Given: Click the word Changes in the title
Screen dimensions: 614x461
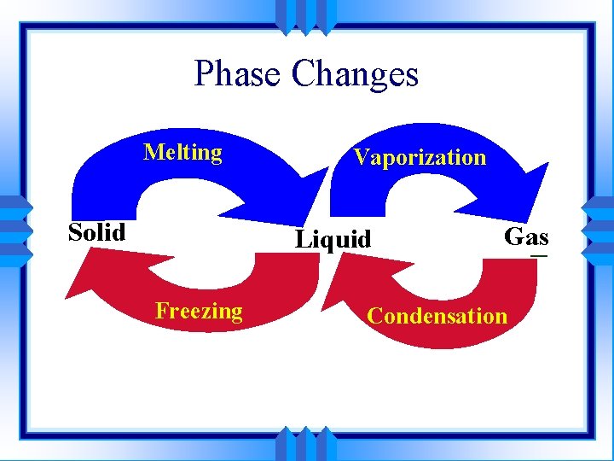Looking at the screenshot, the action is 355,74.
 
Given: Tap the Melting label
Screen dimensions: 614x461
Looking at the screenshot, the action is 183,153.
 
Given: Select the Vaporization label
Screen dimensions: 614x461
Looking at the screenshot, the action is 420,157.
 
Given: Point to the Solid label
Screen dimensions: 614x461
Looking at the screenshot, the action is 97,232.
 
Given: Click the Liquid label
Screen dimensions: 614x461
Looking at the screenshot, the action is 333,239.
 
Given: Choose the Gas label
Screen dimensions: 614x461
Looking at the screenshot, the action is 526,236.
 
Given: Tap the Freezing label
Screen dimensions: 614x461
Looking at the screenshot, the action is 199,311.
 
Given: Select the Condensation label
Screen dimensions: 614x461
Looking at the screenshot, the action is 437,316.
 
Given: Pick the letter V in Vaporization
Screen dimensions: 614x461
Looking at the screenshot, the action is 361,157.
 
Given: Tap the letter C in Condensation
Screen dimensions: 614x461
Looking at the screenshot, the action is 374,316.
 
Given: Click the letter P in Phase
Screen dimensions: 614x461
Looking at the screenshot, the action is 203,74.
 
